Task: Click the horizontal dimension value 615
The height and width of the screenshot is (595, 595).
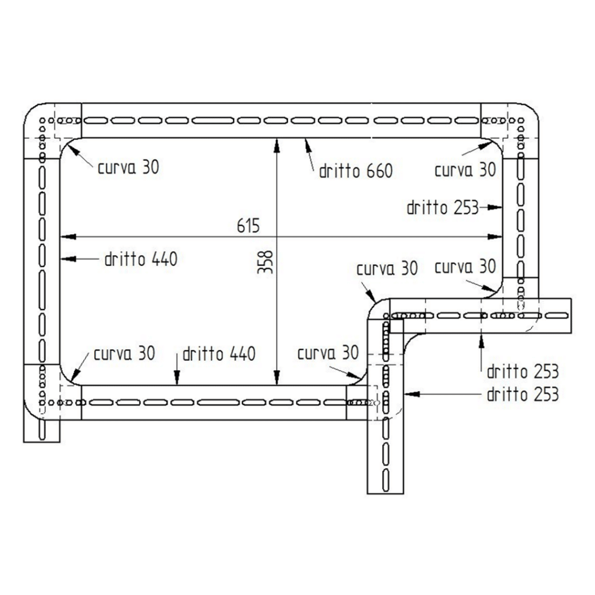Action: (x=248, y=227)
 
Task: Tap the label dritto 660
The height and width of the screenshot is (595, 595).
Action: (x=356, y=171)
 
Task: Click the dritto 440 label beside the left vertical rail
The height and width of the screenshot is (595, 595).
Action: (x=141, y=259)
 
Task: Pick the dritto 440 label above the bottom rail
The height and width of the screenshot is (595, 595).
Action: (x=218, y=354)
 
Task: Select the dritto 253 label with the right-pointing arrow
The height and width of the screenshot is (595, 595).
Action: (x=442, y=207)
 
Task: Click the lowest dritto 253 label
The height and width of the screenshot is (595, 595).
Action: (x=522, y=394)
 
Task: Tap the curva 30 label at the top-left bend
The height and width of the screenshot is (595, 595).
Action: (x=128, y=168)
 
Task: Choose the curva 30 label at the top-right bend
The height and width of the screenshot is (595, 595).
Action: (x=465, y=170)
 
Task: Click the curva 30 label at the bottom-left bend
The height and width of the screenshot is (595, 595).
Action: (x=124, y=353)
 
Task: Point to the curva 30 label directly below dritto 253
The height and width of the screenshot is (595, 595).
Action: (x=465, y=267)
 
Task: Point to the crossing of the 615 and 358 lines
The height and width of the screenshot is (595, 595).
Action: (x=278, y=236)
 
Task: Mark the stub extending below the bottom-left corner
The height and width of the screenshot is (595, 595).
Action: (x=42, y=430)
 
